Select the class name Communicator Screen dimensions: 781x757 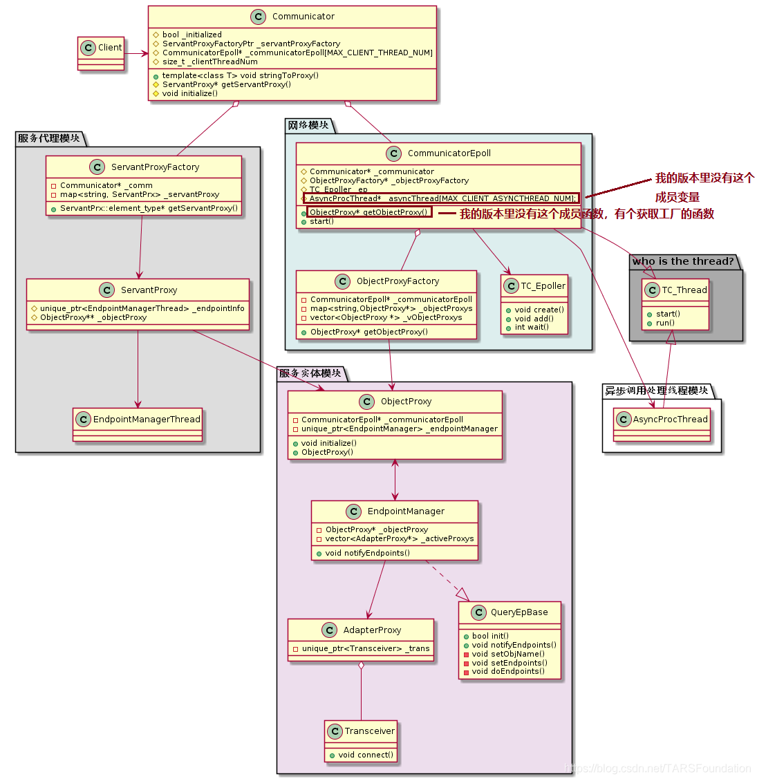(x=303, y=17)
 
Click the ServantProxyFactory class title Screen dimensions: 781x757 (x=155, y=167)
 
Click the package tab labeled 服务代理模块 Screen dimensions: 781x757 (x=49, y=138)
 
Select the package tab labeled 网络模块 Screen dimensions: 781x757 (x=308, y=125)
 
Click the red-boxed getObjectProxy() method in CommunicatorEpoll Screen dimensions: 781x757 (x=368, y=212)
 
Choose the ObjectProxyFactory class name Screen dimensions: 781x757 (x=398, y=281)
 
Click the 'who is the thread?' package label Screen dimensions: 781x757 (x=683, y=261)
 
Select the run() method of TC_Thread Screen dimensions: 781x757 (x=665, y=323)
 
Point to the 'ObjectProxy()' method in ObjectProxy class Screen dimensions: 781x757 (x=327, y=452)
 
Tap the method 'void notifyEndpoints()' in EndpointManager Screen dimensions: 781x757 (x=367, y=553)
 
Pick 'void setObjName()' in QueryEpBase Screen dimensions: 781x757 (x=508, y=654)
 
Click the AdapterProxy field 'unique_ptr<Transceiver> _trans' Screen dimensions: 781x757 (x=366, y=649)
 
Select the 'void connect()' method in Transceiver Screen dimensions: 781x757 (x=366, y=755)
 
